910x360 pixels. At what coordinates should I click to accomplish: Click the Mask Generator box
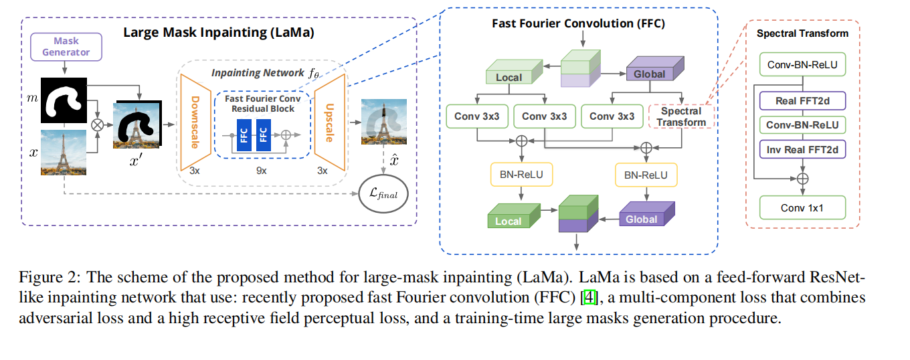[x=65, y=46]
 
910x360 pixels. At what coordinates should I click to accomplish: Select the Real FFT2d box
[x=803, y=101]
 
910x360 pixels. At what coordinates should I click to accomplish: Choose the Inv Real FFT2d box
[x=803, y=149]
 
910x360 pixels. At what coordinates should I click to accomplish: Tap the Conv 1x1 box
[x=803, y=207]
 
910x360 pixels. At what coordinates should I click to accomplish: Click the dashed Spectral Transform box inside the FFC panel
[x=681, y=116]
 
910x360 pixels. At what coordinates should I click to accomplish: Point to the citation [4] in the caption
[x=589, y=296]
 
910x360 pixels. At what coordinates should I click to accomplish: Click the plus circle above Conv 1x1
[x=803, y=178]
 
